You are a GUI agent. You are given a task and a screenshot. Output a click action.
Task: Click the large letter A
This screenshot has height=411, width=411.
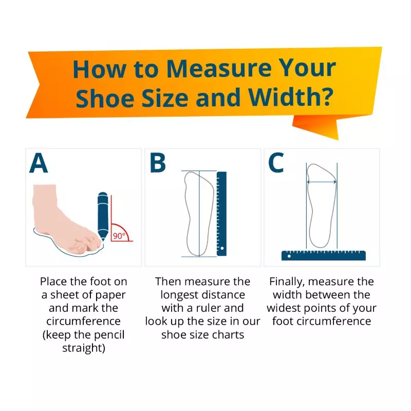coord(39,163)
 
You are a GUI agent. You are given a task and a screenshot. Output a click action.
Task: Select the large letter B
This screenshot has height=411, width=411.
coord(158,163)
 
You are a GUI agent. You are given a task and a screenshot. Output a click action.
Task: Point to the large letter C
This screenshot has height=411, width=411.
coord(276,163)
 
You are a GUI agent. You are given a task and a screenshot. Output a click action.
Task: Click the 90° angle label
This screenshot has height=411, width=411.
coord(119,236)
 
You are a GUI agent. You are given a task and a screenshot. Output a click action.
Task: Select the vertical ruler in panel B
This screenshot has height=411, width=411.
coord(221,214)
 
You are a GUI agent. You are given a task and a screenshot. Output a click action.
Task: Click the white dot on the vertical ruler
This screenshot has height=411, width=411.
coord(222,248)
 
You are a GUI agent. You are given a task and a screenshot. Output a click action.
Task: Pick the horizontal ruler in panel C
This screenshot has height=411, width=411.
coord(324,255)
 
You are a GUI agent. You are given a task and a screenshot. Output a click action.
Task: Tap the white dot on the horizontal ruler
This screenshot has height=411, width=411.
coord(289,256)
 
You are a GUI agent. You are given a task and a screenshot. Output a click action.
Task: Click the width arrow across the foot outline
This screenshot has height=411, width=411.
coord(322,182)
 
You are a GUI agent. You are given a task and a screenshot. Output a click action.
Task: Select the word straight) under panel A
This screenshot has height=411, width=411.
coord(84,348)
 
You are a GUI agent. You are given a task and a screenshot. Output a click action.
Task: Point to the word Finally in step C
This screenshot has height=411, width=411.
coord(287,282)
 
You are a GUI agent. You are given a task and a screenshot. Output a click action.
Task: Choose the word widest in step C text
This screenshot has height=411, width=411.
coord(284,308)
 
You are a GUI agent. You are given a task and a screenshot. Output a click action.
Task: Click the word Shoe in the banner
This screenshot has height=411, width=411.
coord(105,98)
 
